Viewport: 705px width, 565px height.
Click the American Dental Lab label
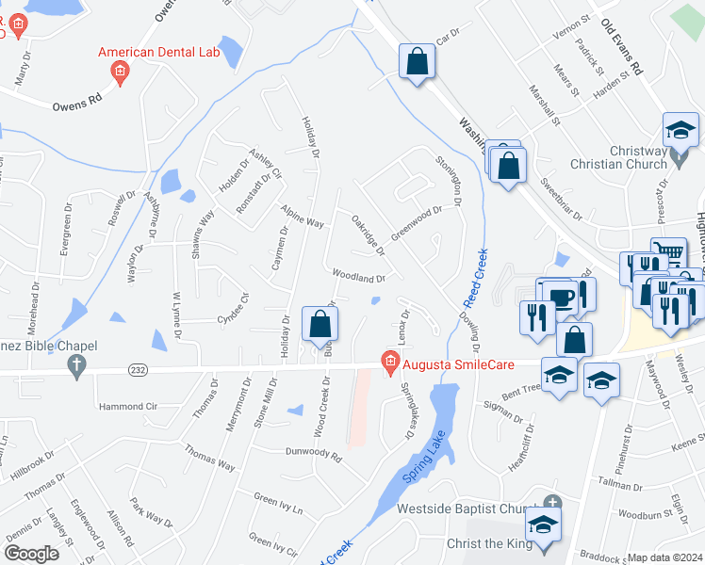[159, 52]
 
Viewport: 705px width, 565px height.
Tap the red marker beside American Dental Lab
[120, 72]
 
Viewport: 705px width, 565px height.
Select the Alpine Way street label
[302, 216]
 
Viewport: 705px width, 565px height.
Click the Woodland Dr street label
[358, 278]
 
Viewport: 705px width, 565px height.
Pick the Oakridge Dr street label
[368, 234]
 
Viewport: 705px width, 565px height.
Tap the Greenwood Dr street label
[416, 223]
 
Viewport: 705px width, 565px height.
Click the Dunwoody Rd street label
[313, 452]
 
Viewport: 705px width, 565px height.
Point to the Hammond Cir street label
[129, 407]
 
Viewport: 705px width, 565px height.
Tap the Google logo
[31, 554]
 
